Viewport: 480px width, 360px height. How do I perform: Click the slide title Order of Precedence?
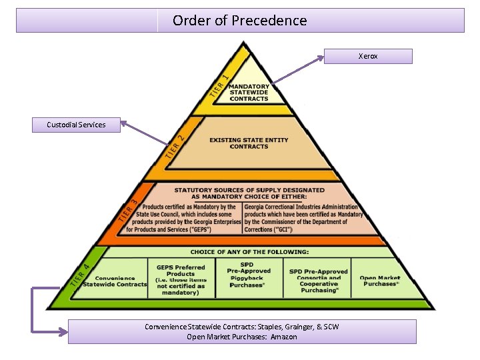(240, 21)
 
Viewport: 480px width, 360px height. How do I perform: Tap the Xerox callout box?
(368, 56)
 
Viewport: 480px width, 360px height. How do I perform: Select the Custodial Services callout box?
(76, 125)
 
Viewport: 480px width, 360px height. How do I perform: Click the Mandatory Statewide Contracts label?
(249, 93)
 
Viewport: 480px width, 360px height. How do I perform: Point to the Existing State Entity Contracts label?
(249, 143)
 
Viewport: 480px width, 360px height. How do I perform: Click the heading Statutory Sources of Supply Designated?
(249, 193)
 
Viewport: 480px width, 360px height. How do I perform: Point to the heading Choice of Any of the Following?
(249, 252)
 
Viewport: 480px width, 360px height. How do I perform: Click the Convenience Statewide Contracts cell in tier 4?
(111, 281)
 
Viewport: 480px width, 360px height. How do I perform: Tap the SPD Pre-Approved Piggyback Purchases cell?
(249, 275)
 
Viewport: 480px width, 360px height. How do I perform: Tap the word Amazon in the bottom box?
(284, 337)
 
